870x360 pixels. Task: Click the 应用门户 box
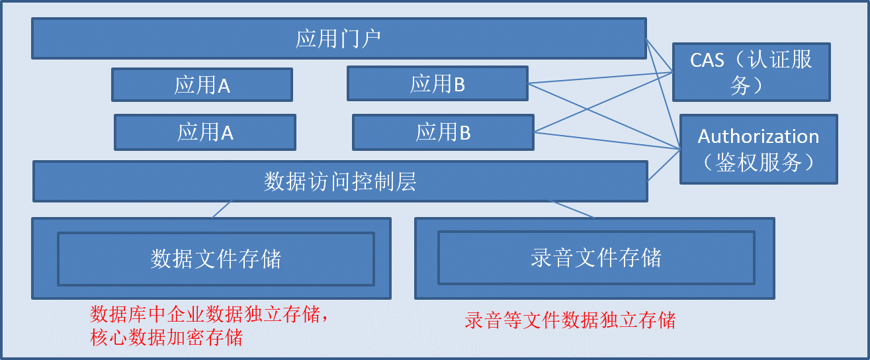click(338, 38)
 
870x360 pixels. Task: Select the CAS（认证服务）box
click(751, 72)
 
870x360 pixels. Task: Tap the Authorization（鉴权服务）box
click(758, 149)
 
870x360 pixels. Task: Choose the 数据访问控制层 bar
click(340, 181)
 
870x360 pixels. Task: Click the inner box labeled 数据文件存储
click(216, 258)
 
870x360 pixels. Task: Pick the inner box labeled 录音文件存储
click(595, 257)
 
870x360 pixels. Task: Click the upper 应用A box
click(202, 85)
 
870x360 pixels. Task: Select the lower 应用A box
click(205, 132)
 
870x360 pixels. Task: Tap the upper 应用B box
click(437, 83)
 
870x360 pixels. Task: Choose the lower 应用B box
click(443, 132)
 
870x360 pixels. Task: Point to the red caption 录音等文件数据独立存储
click(570, 321)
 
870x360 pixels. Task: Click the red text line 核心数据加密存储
click(166, 337)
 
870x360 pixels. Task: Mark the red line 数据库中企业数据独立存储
click(209, 313)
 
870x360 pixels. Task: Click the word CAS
click(707, 60)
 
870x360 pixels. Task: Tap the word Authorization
click(758, 136)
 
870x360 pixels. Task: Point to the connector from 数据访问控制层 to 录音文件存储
click(570, 208)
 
